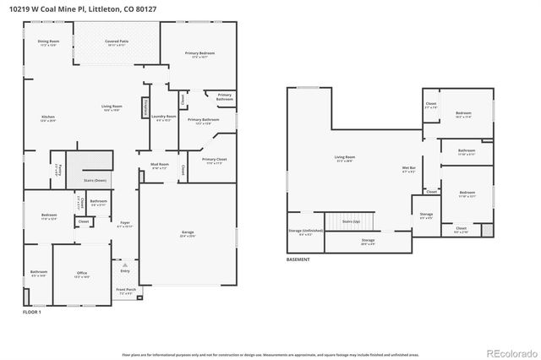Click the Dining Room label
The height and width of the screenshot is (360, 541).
tap(48, 41)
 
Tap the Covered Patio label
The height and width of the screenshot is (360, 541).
tap(117, 41)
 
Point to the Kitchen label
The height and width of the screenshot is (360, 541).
tap(48, 117)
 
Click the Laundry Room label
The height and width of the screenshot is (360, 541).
tap(164, 117)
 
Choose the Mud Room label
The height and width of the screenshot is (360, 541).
tap(161, 165)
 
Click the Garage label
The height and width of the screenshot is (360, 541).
tap(188, 232)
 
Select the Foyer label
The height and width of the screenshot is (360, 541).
tap(124, 223)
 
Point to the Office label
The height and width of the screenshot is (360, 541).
tap(82, 273)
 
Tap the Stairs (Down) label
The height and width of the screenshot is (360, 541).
tap(96, 180)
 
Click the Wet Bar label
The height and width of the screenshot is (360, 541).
tap(407, 166)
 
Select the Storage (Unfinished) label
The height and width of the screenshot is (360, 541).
tap(305, 231)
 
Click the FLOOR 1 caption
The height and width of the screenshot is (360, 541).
tap(31, 313)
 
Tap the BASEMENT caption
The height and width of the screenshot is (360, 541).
tap(298, 259)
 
